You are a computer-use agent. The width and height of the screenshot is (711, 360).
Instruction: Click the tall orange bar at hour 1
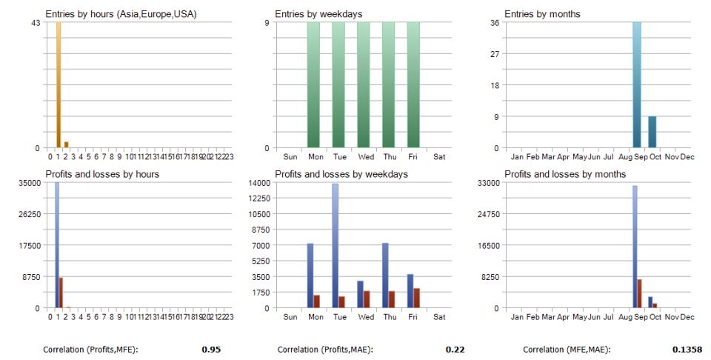59,85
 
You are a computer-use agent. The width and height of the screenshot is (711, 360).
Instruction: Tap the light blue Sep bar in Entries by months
637,85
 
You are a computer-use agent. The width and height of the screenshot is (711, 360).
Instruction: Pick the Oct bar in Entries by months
652,132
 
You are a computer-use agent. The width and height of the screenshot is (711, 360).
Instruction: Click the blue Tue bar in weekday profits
335,244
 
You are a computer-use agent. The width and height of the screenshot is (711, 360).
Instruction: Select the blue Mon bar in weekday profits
310,275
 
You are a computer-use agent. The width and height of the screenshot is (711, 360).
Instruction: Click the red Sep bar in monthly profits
640,293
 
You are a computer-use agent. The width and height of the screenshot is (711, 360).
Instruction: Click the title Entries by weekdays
311,14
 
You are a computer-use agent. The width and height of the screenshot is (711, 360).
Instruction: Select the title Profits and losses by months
565,174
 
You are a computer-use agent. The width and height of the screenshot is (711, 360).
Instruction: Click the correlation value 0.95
211,349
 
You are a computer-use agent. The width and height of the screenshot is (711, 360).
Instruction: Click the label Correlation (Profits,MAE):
325,349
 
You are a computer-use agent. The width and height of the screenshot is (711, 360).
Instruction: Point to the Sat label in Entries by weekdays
439,157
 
